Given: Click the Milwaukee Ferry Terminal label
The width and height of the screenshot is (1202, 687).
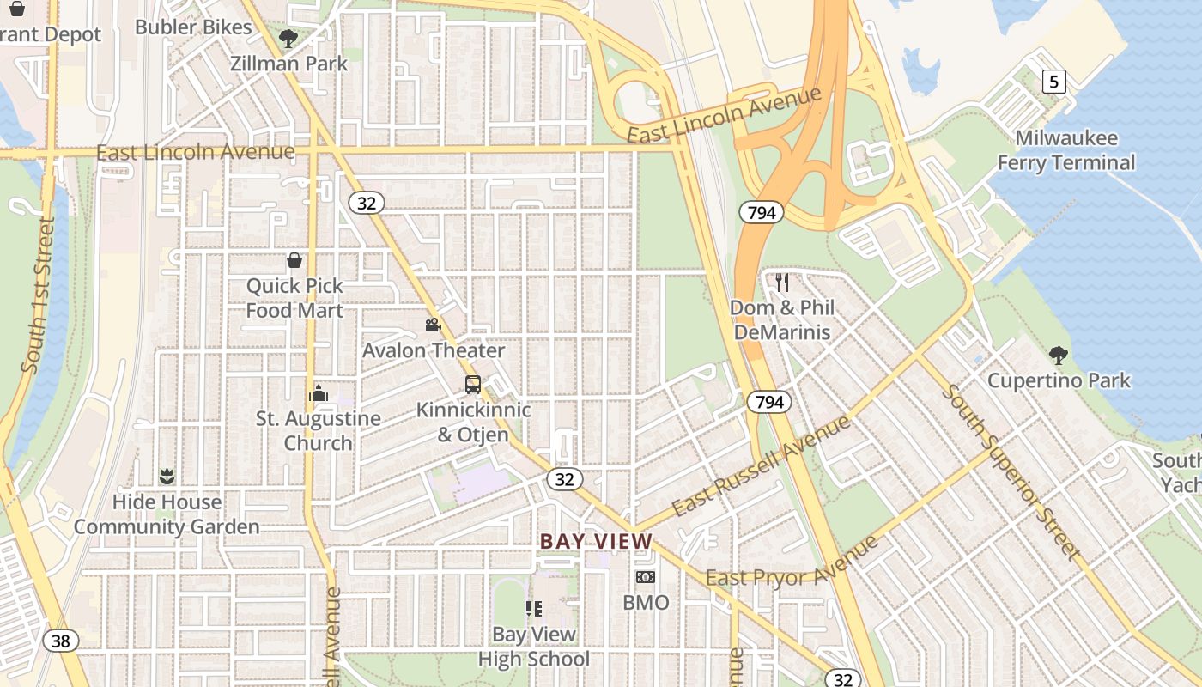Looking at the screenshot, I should [1065, 150].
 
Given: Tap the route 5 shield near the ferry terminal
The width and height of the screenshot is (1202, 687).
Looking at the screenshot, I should [1054, 82].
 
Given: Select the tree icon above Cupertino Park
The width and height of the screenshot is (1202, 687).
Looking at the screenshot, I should [1059, 355].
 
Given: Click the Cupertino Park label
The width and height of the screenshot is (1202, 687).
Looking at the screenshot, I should [1059, 380].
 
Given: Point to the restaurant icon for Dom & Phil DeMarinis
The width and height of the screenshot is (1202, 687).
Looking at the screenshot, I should [781, 283].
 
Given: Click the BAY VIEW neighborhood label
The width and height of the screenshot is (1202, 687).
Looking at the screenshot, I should [596, 542].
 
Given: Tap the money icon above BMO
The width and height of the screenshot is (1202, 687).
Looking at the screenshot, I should [645, 577].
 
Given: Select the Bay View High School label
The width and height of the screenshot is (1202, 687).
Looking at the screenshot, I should [533, 647].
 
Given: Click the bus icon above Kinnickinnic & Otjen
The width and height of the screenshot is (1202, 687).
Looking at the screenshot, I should [473, 385].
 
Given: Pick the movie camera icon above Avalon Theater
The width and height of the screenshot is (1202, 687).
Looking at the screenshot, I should [433, 325].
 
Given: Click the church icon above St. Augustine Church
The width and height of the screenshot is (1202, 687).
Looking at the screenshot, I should [319, 394].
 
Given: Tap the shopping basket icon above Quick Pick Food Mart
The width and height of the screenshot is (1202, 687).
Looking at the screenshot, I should [294, 260].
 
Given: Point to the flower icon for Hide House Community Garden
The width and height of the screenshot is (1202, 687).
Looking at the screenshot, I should [167, 477].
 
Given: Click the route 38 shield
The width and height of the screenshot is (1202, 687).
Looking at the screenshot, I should [60, 641].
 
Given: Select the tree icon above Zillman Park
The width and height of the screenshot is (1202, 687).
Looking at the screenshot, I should [288, 38].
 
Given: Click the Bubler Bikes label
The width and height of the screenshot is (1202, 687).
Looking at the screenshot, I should [193, 27].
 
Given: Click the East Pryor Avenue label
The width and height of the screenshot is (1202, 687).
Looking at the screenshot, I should [792, 562].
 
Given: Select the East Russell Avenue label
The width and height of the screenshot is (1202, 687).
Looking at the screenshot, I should [761, 465].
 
